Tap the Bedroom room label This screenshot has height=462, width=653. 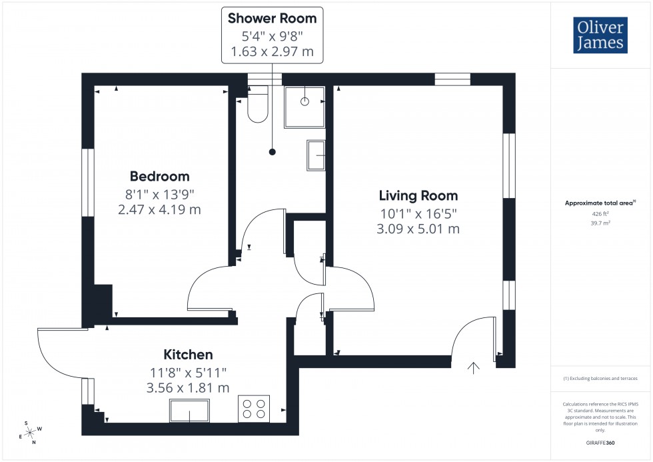tap(159, 177)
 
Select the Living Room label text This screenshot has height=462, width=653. tap(418, 195)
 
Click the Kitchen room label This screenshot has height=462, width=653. tap(189, 355)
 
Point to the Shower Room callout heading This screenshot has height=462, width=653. tap(272, 18)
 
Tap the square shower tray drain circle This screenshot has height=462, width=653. tap(305, 102)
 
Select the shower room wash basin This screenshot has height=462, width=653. tap(317, 155)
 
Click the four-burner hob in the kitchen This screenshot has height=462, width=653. tap(254, 408)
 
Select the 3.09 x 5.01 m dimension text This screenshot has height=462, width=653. tap(418, 229)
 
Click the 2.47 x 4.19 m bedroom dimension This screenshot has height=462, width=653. tap(159, 209)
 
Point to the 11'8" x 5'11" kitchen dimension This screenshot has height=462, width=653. tap(189, 372)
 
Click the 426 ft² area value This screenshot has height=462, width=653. tap(601, 214)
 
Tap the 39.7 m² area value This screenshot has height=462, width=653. tap(601, 223)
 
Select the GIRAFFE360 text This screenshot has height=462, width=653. tap(601, 442)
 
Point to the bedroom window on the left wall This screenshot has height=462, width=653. tap(87, 182)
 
